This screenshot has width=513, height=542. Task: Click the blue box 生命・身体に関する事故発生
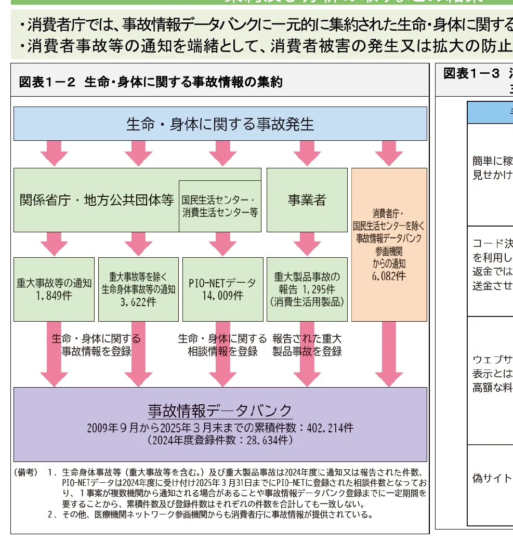[x=220, y=124]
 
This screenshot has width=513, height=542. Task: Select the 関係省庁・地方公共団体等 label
[x=97, y=200]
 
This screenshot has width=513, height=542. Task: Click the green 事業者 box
[x=307, y=200]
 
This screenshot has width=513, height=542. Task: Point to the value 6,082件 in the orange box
[x=389, y=276]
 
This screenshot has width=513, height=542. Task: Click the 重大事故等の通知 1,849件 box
[x=54, y=289]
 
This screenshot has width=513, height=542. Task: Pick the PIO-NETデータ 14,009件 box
[x=222, y=289]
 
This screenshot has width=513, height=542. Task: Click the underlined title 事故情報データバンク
[x=220, y=411]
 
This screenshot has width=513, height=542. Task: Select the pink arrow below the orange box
[x=389, y=353]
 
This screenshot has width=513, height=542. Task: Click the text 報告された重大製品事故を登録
[x=307, y=345]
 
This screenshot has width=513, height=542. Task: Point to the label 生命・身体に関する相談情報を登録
[x=222, y=345]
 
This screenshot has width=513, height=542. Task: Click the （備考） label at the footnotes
[x=25, y=472]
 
